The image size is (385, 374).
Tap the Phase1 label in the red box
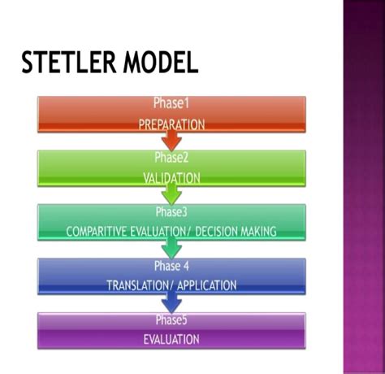pos(171,103)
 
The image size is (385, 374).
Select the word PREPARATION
pos(171,125)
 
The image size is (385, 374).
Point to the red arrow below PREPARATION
pos(171,141)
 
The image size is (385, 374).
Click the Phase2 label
pos(171,157)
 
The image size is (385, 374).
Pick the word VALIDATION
pos(171,178)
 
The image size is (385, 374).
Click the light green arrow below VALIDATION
pos(171,194)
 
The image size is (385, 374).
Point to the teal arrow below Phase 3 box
pos(171,248)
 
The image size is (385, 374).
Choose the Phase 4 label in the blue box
pos(171,265)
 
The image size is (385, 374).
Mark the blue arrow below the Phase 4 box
pos(171,302)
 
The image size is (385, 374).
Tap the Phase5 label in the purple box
pos(171,319)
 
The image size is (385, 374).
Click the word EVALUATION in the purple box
pos(171,338)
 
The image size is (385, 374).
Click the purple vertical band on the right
pos(363,187)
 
